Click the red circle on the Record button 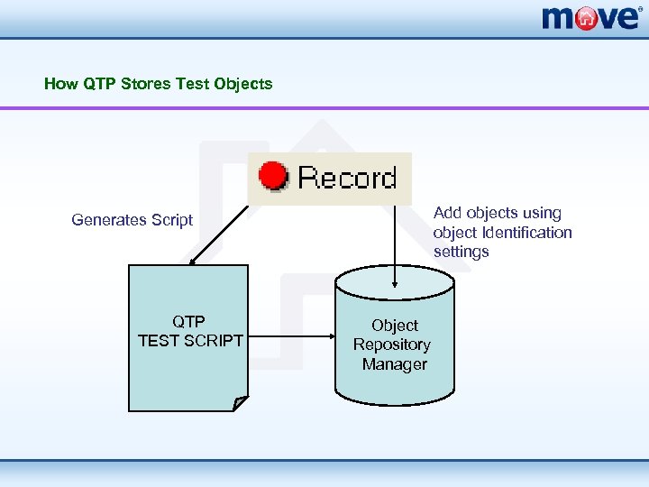click(x=272, y=177)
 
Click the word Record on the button click(x=347, y=178)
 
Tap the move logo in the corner click(x=591, y=17)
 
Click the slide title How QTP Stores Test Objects click(x=158, y=84)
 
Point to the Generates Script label click(x=133, y=220)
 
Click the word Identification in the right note click(x=526, y=233)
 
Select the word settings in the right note click(x=461, y=252)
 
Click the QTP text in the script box click(x=188, y=321)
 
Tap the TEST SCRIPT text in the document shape click(x=190, y=341)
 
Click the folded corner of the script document click(x=240, y=403)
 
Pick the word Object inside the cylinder click(x=395, y=326)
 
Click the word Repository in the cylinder click(x=392, y=345)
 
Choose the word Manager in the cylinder click(x=395, y=364)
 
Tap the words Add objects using click(x=498, y=213)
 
